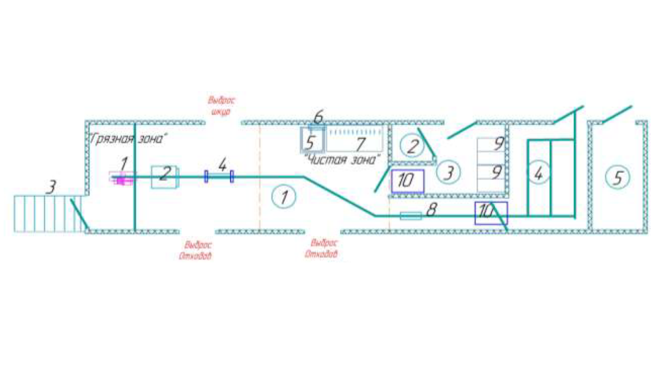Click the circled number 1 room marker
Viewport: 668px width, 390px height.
click(284, 197)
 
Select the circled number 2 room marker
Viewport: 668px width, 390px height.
click(412, 145)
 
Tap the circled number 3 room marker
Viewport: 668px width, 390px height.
click(448, 172)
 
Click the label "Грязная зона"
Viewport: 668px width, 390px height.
click(129, 139)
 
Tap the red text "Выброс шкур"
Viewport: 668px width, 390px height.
click(221, 106)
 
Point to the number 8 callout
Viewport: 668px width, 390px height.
click(431, 210)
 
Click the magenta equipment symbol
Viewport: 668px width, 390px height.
click(122, 179)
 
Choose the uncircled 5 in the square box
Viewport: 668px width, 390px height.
click(311, 142)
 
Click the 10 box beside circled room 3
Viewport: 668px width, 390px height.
click(407, 181)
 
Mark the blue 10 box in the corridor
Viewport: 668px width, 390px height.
click(491, 212)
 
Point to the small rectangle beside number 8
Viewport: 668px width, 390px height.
click(411, 216)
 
